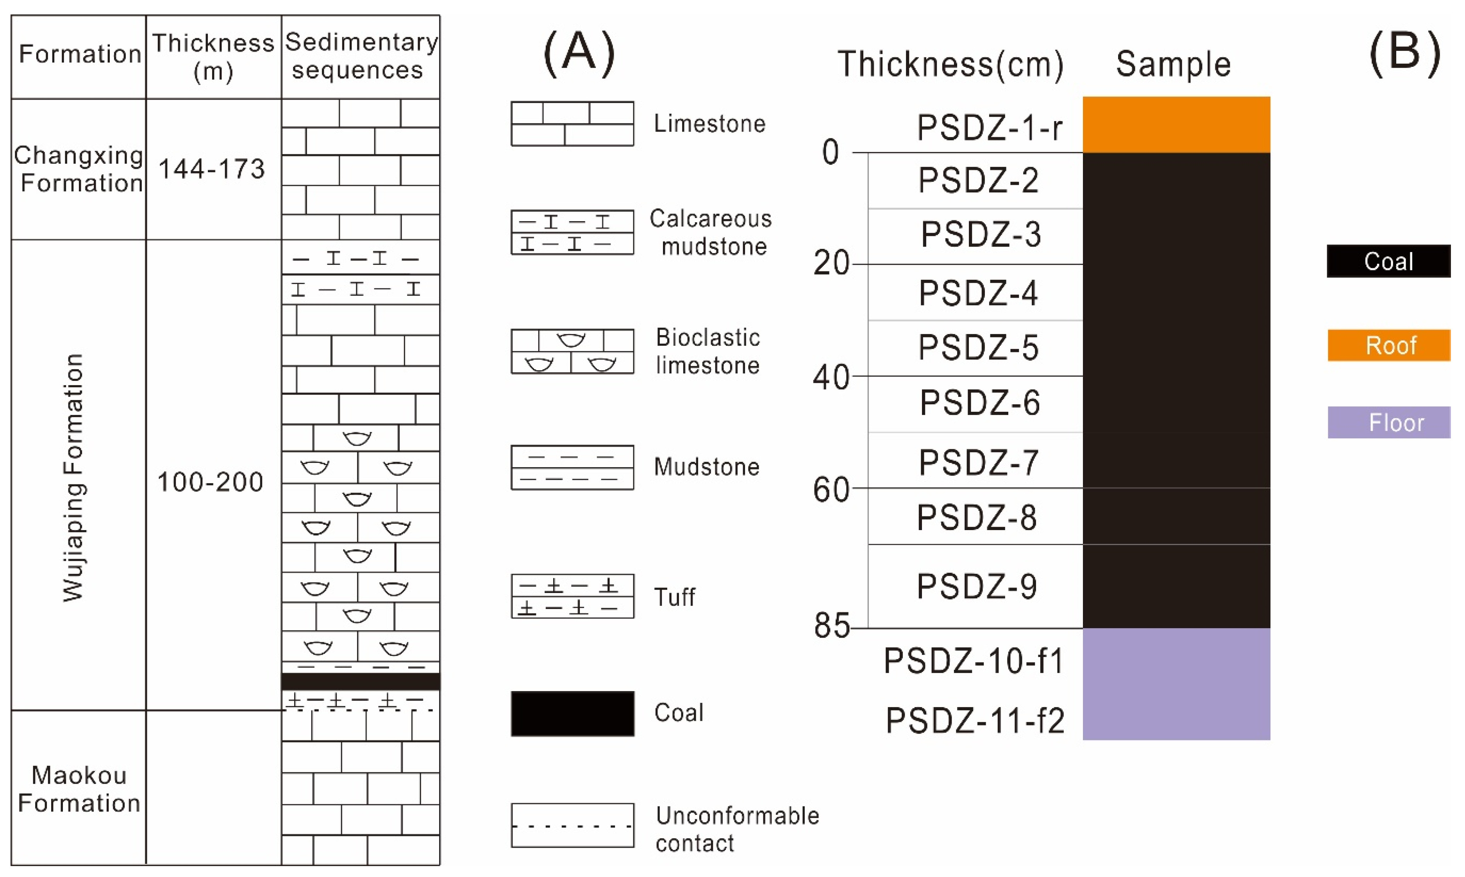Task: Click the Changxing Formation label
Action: [79, 169]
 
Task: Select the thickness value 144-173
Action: [212, 169]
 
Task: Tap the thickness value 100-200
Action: [210, 482]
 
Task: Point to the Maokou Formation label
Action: [79, 789]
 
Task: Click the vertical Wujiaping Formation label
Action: [74, 477]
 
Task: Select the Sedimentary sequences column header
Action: [361, 56]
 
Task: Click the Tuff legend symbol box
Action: [572, 596]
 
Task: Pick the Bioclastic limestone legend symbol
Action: [572, 352]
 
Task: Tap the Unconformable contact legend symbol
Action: [572, 825]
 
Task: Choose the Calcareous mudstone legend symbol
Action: [572, 232]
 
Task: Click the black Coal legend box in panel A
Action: [572, 713]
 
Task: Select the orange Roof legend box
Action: [1389, 345]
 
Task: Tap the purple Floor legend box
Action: [1389, 423]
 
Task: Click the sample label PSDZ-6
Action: [979, 403]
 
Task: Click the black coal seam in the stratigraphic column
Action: [361, 681]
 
